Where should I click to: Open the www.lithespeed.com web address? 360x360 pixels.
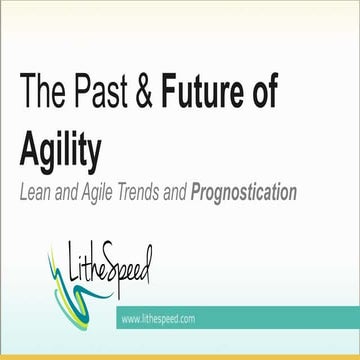(x=157, y=319)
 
